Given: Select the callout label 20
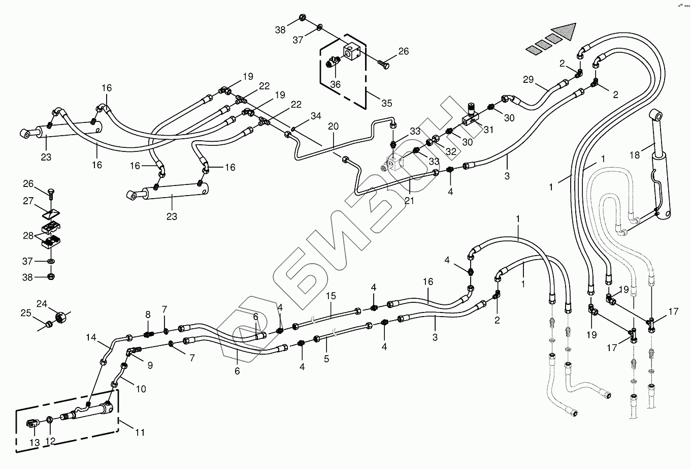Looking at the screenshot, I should pos(333,126).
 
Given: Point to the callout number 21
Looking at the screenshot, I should pos(409,201).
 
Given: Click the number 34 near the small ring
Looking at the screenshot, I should pos(316,116).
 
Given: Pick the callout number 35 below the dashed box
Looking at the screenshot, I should pos(387,104).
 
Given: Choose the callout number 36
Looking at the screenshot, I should pos(336,84).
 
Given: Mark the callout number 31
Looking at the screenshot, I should pos(488,130).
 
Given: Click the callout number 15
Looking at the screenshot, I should pos(331,295).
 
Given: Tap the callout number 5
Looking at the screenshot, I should pos(326,359).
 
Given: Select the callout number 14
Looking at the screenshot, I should pos(91,337).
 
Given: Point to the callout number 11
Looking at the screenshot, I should pos(140,432).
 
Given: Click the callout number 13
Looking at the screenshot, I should pos(34,443).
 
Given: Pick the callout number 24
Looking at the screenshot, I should pos(42,304).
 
